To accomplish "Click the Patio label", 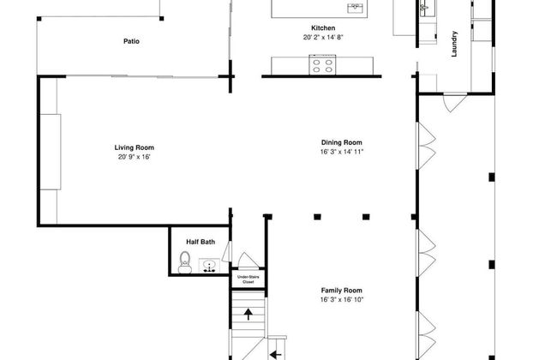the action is click(131, 41).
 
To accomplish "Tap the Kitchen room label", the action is click(323, 28).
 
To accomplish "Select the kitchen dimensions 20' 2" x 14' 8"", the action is click(323, 38).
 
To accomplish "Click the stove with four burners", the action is click(322, 65).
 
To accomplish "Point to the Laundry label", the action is click(454, 44).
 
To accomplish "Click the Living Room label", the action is click(135, 147).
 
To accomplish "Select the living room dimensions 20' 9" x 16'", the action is click(135, 157).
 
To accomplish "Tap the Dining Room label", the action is click(342, 142).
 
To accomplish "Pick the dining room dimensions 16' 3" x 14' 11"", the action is click(342, 152).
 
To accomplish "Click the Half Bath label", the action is click(201, 242).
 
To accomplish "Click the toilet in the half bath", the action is click(185, 262).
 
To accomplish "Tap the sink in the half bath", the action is click(209, 266).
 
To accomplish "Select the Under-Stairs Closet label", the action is click(249, 279).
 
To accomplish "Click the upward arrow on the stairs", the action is click(249, 315).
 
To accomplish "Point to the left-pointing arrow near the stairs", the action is click(276, 354).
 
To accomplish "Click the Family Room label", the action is click(342, 291).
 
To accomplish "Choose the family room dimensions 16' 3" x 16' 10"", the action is click(342, 300).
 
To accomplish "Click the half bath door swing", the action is click(226, 251).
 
